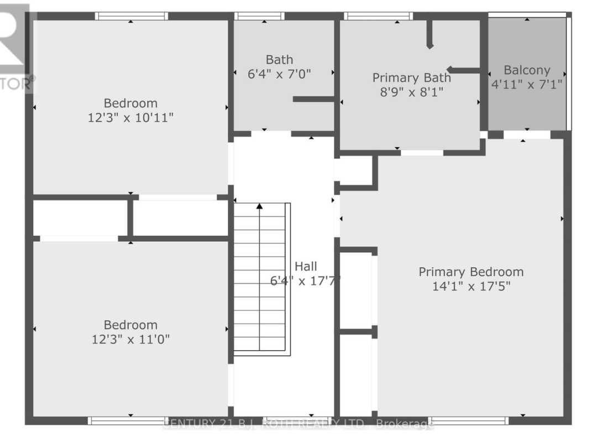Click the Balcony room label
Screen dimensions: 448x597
click(527, 70)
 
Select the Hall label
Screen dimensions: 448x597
click(306, 266)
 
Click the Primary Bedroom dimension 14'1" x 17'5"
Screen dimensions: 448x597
click(471, 286)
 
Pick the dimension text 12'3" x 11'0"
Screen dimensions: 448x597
click(131, 339)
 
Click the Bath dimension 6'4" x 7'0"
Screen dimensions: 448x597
click(280, 74)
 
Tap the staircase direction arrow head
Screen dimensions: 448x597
click(259, 207)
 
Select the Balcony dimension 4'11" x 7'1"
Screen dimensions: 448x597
click(527, 85)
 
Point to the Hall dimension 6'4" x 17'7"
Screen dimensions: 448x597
click(305, 280)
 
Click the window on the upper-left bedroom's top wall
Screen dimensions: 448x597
click(131, 16)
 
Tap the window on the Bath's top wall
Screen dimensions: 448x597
click(264, 16)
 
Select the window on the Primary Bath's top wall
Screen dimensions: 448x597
click(378, 16)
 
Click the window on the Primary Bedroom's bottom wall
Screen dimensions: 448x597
click(468, 420)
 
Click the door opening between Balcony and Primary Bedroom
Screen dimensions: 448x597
click(526, 134)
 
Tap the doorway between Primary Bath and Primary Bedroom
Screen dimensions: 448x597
click(422, 152)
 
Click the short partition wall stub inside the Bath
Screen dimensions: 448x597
click(313, 99)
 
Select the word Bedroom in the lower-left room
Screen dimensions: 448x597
click(131, 325)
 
